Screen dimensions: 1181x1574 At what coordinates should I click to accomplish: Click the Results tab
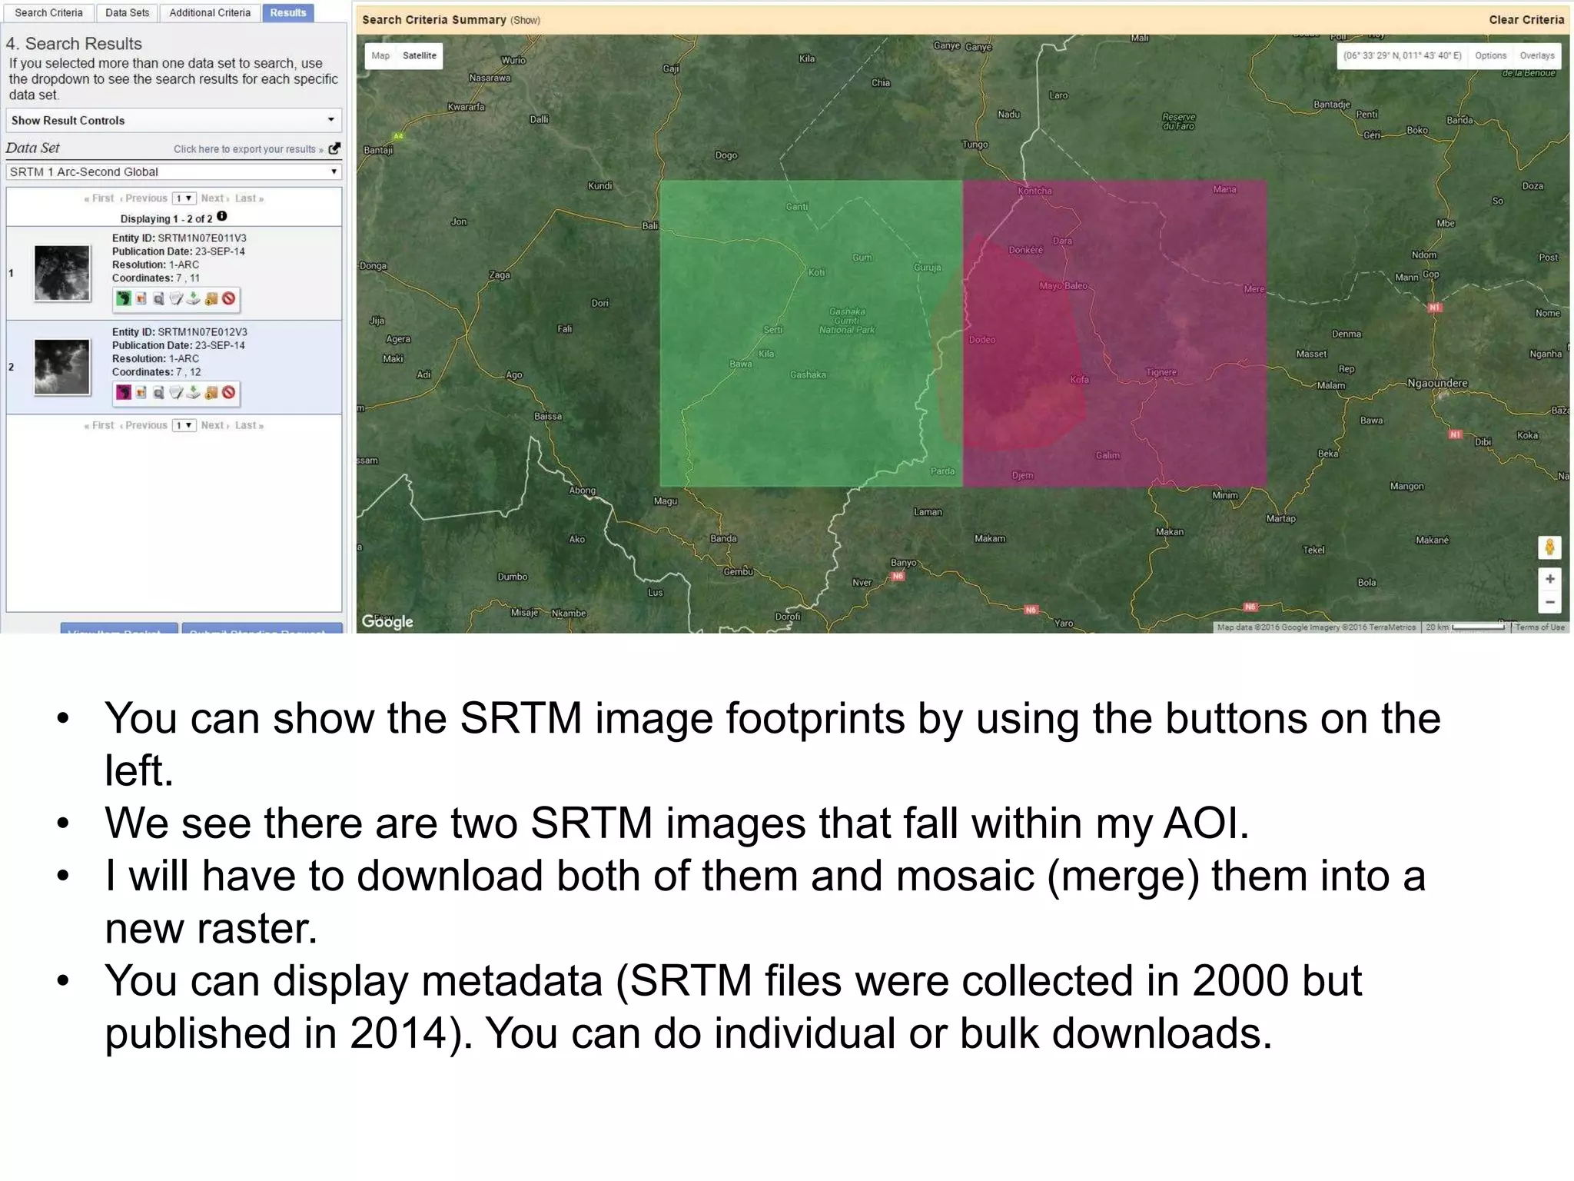coord(287,13)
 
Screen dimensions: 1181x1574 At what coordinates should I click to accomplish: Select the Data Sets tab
coord(127,13)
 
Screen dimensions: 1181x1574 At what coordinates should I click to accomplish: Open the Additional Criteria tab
coord(210,13)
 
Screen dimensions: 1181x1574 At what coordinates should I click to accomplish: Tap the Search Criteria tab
coord(48,13)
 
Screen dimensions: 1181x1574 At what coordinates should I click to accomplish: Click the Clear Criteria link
coord(1526,20)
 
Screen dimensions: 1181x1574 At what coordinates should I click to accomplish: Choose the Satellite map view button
coord(419,55)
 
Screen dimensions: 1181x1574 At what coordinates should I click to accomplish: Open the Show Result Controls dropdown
coord(174,120)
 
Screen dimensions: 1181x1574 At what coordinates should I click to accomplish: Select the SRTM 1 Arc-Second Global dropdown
coord(174,171)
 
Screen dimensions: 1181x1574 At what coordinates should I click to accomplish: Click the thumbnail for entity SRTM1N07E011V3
coord(62,273)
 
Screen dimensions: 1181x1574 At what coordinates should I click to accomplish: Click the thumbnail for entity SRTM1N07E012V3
coord(62,367)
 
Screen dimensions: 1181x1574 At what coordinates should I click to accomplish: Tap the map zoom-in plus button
coord(1549,579)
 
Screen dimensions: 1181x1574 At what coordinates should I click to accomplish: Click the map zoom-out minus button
coord(1549,603)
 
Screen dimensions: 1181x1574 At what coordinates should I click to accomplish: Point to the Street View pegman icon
coord(1549,547)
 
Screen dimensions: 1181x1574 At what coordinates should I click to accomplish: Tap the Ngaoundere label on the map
coord(1436,383)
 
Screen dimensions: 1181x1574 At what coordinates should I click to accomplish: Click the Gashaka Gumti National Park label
coord(847,321)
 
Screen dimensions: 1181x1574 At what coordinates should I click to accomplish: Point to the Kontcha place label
coord(1034,191)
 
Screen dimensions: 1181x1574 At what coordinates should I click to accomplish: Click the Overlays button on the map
coord(1536,55)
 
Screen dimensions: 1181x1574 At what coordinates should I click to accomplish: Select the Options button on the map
coord(1490,55)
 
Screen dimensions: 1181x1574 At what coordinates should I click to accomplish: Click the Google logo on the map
coord(387,621)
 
